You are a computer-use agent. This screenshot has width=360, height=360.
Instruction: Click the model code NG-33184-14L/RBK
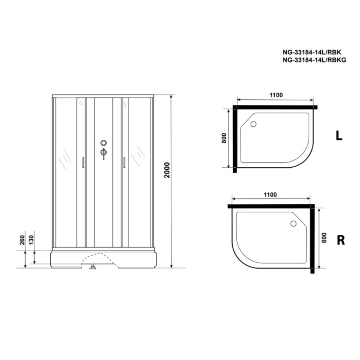[312, 52]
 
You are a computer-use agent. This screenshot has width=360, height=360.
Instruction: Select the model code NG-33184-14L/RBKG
[314, 60]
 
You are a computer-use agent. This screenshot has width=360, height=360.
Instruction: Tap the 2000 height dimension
[167, 170]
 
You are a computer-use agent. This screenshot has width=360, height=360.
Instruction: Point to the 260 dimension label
[22, 240]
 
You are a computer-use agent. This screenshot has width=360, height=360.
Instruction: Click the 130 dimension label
[31, 240]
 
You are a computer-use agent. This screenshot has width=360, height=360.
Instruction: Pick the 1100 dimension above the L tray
[276, 95]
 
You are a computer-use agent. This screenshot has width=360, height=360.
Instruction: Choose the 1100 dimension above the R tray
[270, 195]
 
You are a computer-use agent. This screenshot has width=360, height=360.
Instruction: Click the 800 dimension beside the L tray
[224, 138]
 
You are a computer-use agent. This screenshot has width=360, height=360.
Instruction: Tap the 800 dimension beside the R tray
[324, 238]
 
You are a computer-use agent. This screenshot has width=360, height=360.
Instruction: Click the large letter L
[339, 136]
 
